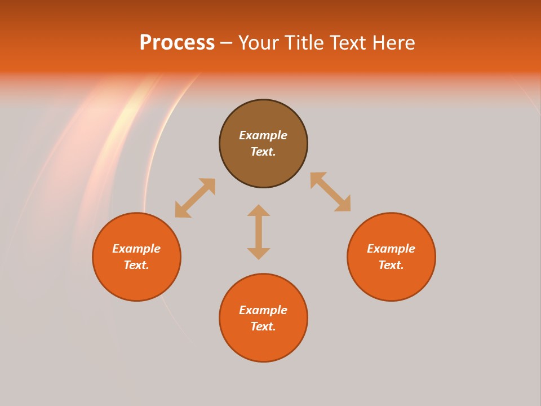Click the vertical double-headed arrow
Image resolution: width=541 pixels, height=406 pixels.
tap(259, 232)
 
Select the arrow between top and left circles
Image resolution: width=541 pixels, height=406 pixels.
tap(195, 198)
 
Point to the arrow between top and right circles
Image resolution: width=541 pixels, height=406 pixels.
tap(330, 192)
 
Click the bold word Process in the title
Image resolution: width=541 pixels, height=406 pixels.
tap(177, 43)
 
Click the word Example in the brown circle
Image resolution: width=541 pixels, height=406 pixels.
tap(263, 135)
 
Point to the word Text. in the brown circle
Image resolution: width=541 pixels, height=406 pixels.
tap(263, 152)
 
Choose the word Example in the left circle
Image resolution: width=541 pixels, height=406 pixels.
tap(136, 249)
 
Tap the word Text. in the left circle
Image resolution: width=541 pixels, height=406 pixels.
tap(136, 265)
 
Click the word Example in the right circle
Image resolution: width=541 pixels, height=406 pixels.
tap(391, 249)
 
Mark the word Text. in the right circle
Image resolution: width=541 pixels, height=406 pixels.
tap(391, 265)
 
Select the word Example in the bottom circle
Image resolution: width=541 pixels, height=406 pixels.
tap(263, 310)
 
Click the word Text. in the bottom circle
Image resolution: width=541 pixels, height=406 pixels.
tap(263, 326)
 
